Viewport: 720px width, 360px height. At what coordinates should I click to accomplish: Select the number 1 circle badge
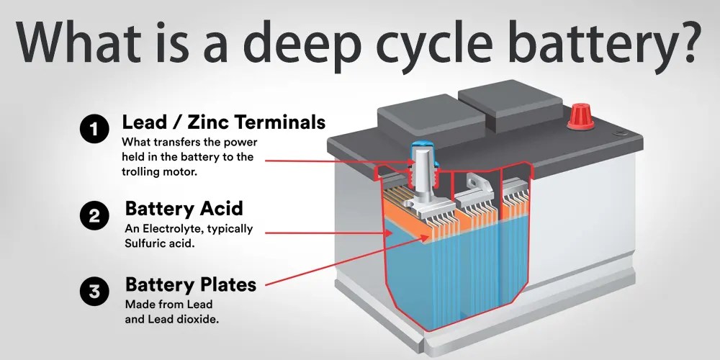click(x=94, y=130)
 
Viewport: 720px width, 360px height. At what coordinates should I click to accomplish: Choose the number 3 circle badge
click(x=94, y=292)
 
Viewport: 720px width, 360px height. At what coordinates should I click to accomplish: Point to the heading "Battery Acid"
click(x=184, y=209)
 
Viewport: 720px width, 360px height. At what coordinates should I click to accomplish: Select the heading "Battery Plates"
click(x=190, y=284)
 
